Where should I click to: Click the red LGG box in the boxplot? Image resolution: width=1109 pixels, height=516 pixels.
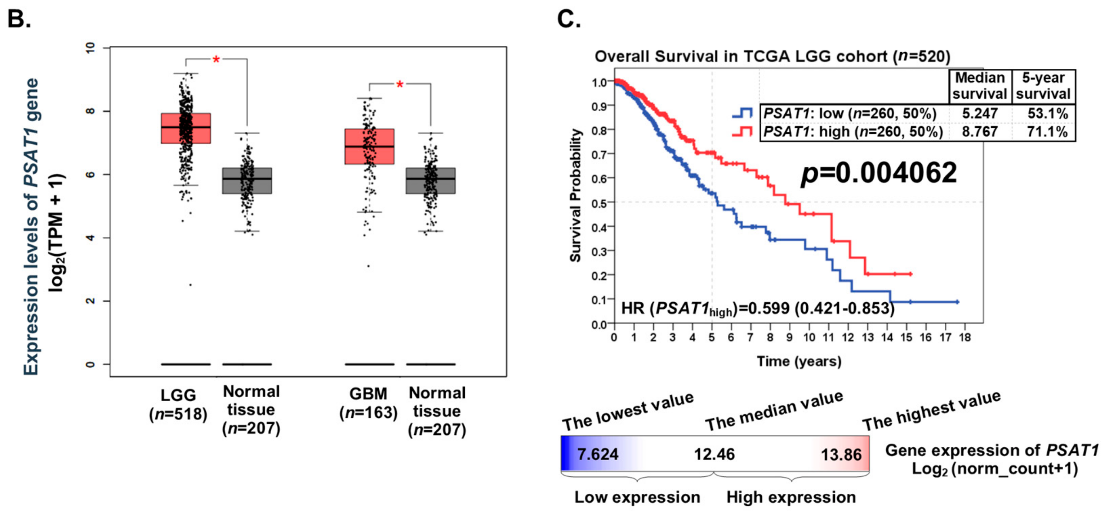click(x=186, y=128)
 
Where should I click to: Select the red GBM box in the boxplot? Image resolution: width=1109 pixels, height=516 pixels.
click(x=369, y=146)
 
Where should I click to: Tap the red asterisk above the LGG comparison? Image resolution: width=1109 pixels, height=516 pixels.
click(x=216, y=60)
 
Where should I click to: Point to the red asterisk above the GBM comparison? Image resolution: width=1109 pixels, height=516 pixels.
click(x=400, y=85)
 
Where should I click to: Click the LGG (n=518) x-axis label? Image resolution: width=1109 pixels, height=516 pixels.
click(x=178, y=404)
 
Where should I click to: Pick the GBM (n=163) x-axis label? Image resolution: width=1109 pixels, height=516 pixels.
click(x=369, y=403)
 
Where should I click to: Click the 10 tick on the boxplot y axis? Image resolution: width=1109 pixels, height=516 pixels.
click(x=90, y=48)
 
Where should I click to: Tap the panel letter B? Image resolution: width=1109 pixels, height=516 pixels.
click(x=19, y=19)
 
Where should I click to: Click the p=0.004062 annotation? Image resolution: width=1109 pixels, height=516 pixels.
click(x=878, y=173)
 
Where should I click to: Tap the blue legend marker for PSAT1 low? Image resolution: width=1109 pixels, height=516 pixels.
click(x=742, y=113)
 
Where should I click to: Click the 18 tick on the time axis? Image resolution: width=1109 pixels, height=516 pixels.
click(x=965, y=338)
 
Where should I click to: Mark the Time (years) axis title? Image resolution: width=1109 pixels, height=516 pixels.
click(x=799, y=361)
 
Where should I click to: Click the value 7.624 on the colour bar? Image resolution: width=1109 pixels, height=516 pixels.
click(x=597, y=454)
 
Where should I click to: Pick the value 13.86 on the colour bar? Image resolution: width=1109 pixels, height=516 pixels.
click(x=841, y=454)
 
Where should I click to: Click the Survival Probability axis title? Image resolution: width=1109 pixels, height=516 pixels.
click(x=576, y=195)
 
